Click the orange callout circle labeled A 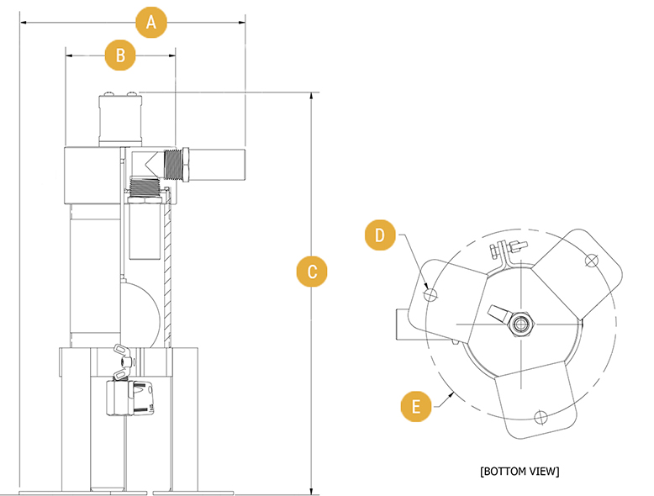[151, 23]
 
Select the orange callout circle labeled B [120, 55]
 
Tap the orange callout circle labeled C [312, 272]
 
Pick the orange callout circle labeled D [380, 235]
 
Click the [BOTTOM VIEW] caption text [519, 471]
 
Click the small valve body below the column [131, 394]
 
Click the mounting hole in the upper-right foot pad [591, 260]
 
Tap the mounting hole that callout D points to [431, 294]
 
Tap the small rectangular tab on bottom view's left [402, 324]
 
